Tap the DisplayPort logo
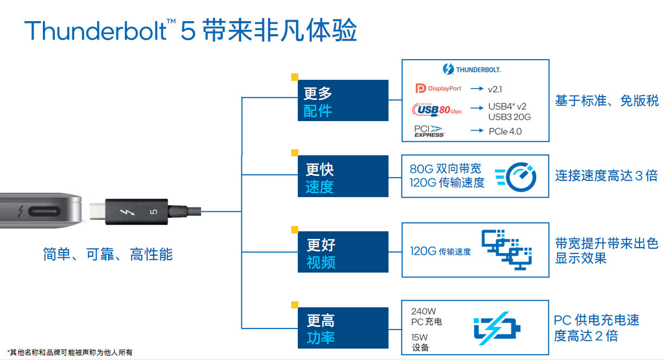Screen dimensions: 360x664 pyautogui.click(x=439, y=89)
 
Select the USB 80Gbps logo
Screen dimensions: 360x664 pyautogui.click(x=437, y=110)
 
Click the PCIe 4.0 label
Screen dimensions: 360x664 pyautogui.click(x=505, y=131)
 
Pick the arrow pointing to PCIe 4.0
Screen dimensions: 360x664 pyautogui.click(x=477, y=131)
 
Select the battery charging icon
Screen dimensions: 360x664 pyautogui.click(x=497, y=328)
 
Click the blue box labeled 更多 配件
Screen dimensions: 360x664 pyautogui.click(x=343, y=100)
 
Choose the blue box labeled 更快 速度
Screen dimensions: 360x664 pyautogui.click(x=343, y=176)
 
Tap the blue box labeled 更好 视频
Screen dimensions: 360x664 pyautogui.click(x=343, y=252)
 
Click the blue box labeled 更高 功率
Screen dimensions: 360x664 pyautogui.click(x=343, y=328)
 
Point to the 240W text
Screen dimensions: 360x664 pyautogui.click(x=423, y=311)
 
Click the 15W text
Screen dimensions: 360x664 pyautogui.click(x=419, y=337)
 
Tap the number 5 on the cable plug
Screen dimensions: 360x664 pyautogui.click(x=153, y=211)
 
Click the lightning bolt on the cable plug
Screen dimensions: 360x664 pyautogui.click(x=130, y=211)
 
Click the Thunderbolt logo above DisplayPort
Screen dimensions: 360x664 pyautogui.click(x=471, y=70)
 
